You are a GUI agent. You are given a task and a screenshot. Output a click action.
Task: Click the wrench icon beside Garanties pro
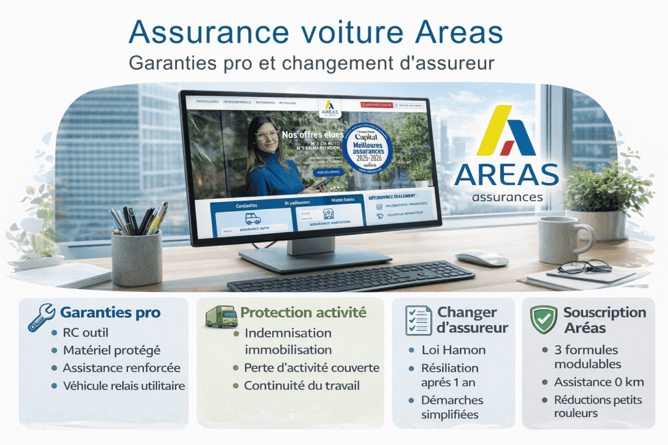40,316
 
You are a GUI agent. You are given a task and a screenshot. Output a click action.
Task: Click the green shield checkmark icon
545,319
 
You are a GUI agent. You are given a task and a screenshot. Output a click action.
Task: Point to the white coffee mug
563,239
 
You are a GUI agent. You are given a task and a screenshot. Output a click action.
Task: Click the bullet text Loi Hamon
453,350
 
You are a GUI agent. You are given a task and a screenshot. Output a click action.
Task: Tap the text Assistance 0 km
592,382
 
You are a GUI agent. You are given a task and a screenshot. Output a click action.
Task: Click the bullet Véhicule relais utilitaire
123,386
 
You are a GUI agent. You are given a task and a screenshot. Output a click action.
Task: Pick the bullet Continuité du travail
301,386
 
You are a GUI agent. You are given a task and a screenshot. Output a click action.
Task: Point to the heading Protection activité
303,313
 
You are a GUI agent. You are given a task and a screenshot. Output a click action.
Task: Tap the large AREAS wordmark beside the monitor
506,174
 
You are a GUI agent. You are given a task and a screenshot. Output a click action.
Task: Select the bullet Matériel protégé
111,351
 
